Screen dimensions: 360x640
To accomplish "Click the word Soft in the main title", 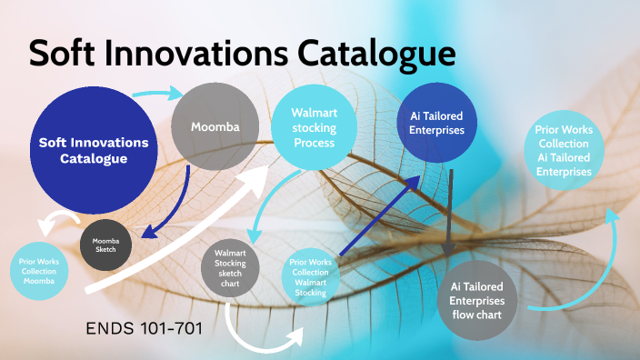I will pos(66,53).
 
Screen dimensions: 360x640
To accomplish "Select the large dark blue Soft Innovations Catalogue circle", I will pos(94,150).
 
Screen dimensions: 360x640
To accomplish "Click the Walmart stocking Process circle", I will pos(314,127).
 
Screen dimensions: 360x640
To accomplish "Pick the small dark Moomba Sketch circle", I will pos(105,243).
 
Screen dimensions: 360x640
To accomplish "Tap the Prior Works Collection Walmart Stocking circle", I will pos(310,277).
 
